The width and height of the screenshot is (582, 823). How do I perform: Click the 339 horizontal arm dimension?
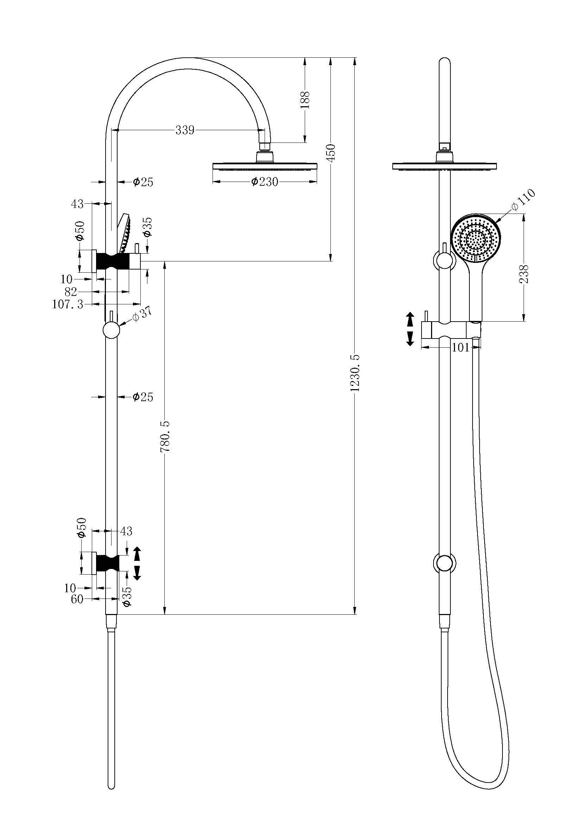pos(185,130)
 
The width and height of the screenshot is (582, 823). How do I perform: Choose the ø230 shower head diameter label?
pos(265,182)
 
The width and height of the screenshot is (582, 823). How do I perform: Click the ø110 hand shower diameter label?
pos(524,200)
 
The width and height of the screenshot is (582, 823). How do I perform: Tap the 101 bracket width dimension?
pos(460,347)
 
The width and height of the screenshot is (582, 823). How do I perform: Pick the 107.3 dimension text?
pos(68,304)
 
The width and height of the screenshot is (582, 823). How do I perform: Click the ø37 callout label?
pos(142,314)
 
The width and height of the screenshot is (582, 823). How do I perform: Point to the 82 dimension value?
pos(71,291)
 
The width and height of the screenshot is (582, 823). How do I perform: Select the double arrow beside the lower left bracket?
pos(137,563)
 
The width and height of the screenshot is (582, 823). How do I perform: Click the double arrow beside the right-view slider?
pos(410,329)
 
